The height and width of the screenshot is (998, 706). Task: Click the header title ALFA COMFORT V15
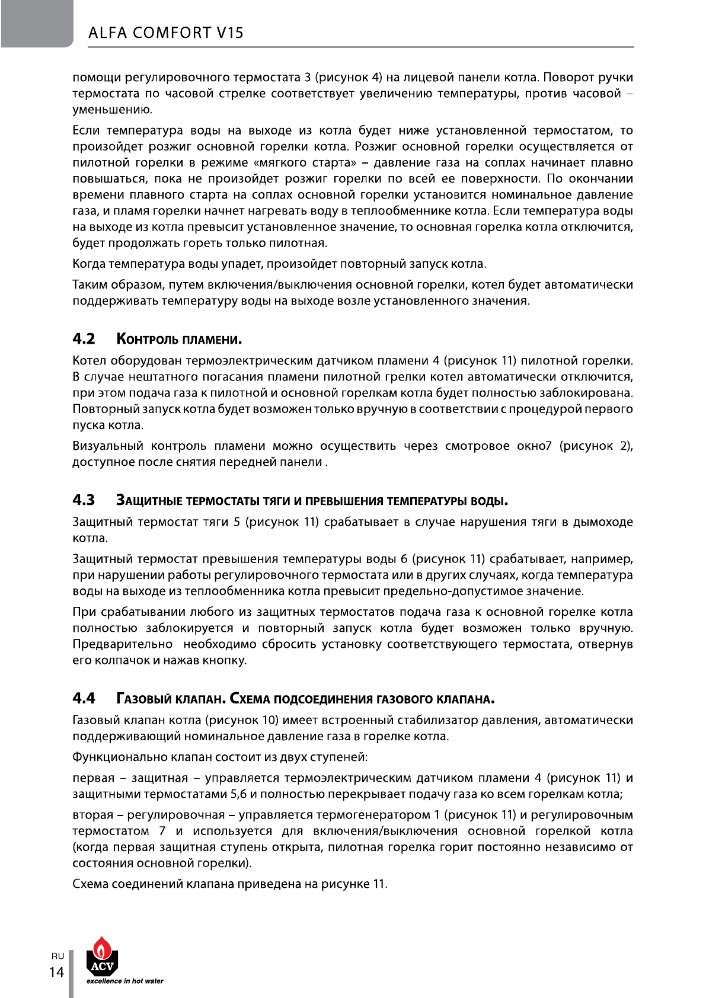(165, 32)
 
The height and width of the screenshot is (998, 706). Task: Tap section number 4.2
(84, 339)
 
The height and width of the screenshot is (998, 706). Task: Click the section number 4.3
(84, 500)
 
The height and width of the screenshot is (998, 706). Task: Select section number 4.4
(84, 698)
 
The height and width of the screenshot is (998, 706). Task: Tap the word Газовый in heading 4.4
(145, 699)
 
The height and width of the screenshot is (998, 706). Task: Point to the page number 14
(56, 973)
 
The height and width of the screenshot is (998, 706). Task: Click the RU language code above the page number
(57, 956)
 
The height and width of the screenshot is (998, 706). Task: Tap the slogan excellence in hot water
(125, 981)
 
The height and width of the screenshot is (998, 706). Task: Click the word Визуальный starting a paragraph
(108, 446)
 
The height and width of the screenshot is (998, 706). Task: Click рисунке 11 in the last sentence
(353, 884)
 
